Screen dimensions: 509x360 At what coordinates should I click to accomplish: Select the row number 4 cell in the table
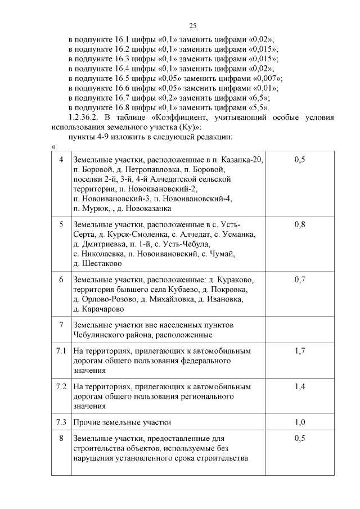click(x=61, y=160)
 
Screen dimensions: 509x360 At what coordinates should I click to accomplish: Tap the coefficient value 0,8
click(x=300, y=225)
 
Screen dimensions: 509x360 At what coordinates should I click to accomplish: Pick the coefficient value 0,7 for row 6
click(x=300, y=280)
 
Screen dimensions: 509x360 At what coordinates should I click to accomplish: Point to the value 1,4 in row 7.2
click(x=300, y=387)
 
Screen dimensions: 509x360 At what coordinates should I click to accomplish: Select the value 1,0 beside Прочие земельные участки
click(x=300, y=422)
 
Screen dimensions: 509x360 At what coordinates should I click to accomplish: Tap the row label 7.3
click(x=61, y=422)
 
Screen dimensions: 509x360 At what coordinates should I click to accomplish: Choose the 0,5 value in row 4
click(x=300, y=160)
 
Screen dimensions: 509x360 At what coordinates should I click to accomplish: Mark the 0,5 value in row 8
click(x=300, y=438)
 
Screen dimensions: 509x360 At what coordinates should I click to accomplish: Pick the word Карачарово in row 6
click(x=99, y=309)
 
